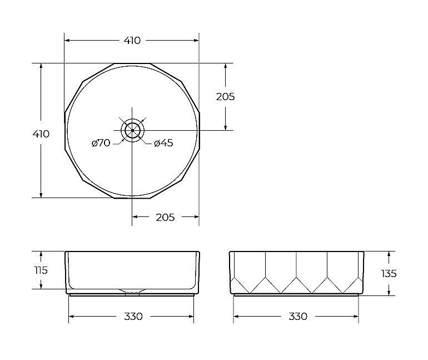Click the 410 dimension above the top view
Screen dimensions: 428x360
[x=132, y=41]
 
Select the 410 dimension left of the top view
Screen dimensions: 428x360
[x=41, y=134]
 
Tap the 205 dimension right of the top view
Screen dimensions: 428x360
[x=226, y=97]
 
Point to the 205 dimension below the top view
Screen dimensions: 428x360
[x=165, y=218]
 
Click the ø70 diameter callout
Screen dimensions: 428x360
[x=101, y=142]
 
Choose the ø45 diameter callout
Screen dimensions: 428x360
[x=163, y=143]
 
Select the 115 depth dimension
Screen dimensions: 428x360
[x=41, y=270]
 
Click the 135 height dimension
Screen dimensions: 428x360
[x=389, y=273]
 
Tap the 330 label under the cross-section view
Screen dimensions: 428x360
[x=133, y=317]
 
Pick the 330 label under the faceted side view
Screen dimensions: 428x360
[x=298, y=317]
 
